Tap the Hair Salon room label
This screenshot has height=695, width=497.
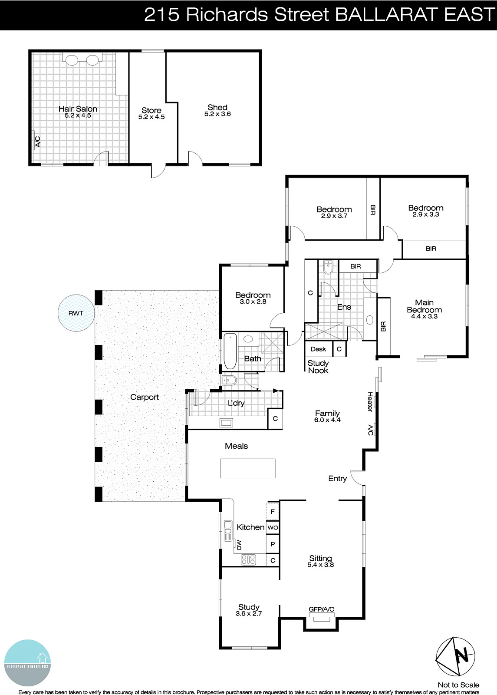coord(78,109)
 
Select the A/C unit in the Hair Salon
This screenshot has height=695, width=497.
coord(34,141)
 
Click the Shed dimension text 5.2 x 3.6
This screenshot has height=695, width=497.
coord(217,114)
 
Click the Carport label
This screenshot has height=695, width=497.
coord(145,397)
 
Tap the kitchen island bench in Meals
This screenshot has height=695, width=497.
coord(247,468)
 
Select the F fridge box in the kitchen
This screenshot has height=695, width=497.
coord(273,512)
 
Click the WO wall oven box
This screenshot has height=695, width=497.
coord(273,527)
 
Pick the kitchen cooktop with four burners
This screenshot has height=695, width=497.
coord(248,560)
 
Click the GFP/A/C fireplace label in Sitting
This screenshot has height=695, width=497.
coord(321,609)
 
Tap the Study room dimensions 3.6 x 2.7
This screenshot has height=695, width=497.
coord(249,614)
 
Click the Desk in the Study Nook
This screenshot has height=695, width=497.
coord(318,349)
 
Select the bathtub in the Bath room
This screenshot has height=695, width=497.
coord(229,351)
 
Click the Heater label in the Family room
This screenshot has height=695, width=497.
coord(370,402)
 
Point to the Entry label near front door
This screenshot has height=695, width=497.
coord(337,479)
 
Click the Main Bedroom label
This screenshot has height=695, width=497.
coord(424,306)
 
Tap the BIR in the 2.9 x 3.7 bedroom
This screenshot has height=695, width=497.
coord(373,210)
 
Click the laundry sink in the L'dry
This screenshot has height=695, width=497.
coord(226,422)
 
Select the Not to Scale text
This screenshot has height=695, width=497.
coord(458,685)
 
